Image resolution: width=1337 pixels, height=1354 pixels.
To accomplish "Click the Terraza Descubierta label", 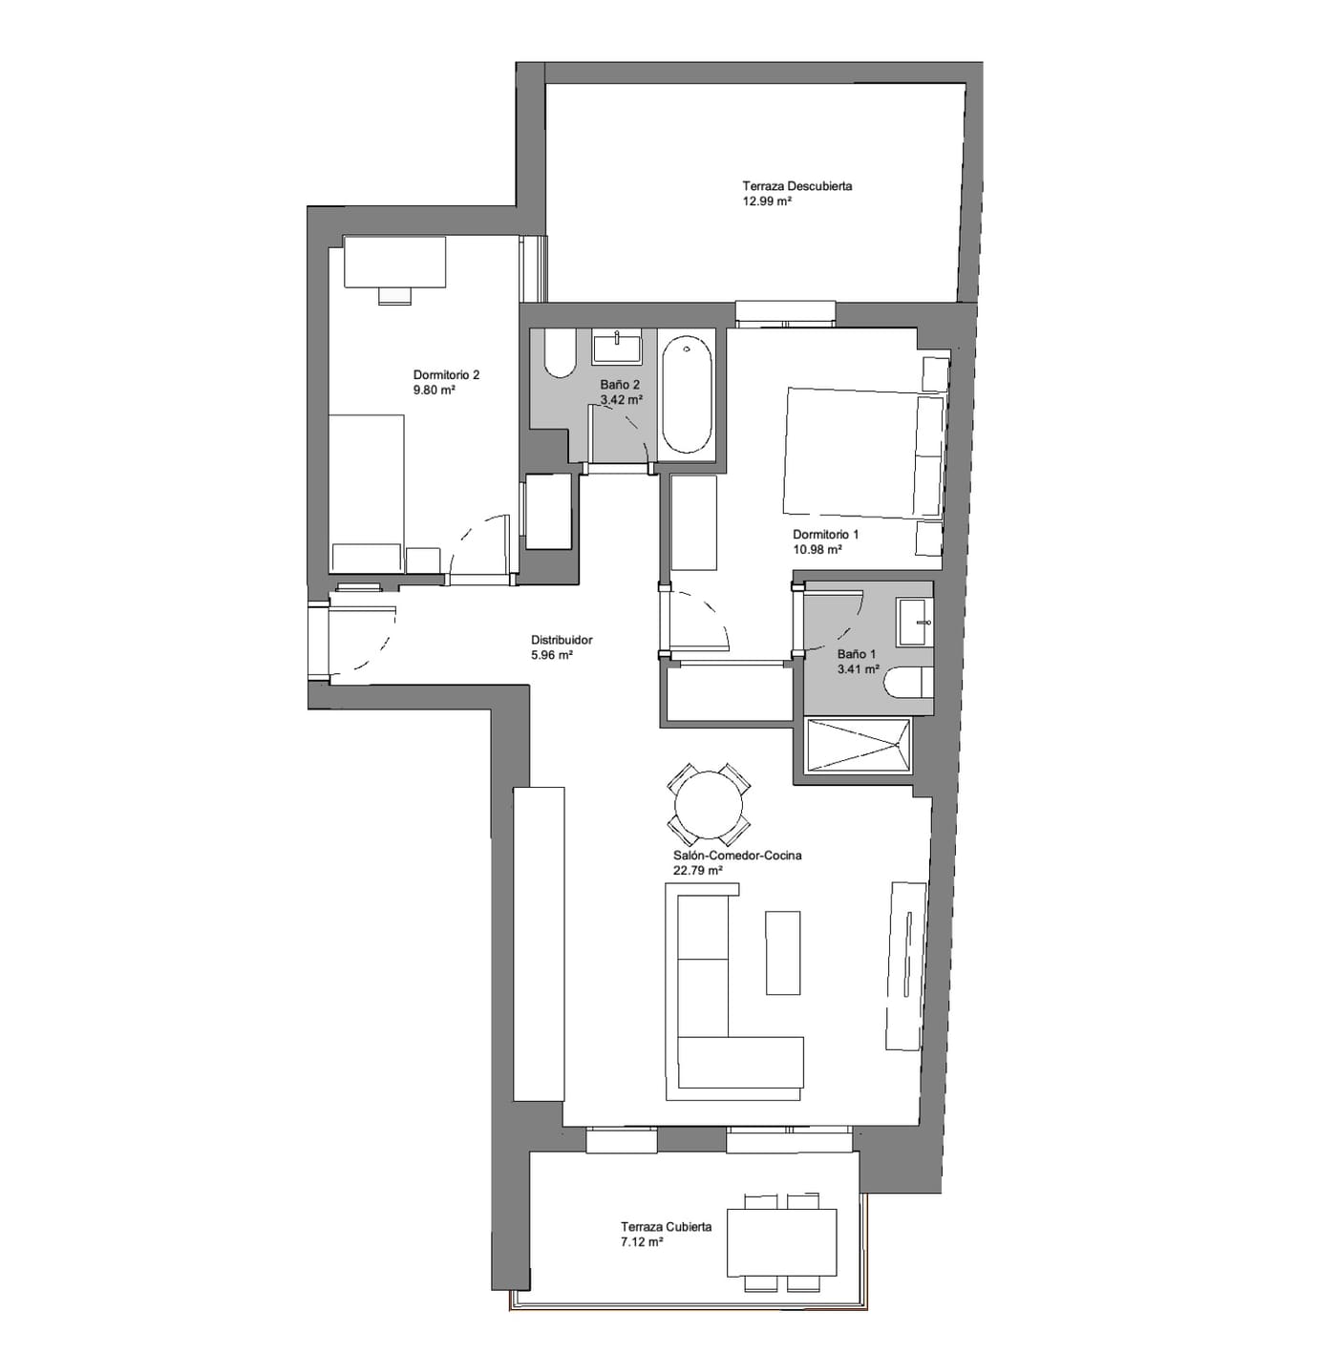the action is [797, 186].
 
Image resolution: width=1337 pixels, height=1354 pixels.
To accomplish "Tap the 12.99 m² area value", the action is [768, 201].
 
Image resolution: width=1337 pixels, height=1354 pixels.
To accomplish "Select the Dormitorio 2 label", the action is [446, 375].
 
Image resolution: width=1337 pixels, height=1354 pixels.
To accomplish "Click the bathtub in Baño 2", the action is [688, 395].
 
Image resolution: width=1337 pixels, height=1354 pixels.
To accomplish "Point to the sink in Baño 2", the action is [617, 349].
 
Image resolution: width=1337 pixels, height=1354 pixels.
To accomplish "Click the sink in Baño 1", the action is [915, 623].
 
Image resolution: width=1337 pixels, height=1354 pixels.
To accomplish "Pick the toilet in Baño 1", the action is [910, 683].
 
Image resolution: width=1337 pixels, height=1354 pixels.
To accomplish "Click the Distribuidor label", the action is [562, 640].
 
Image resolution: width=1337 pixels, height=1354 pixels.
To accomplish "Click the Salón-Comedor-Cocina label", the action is [737, 856].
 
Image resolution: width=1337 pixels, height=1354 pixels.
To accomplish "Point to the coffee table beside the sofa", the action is [783, 952].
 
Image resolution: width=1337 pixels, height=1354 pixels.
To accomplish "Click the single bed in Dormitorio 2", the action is [366, 494].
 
